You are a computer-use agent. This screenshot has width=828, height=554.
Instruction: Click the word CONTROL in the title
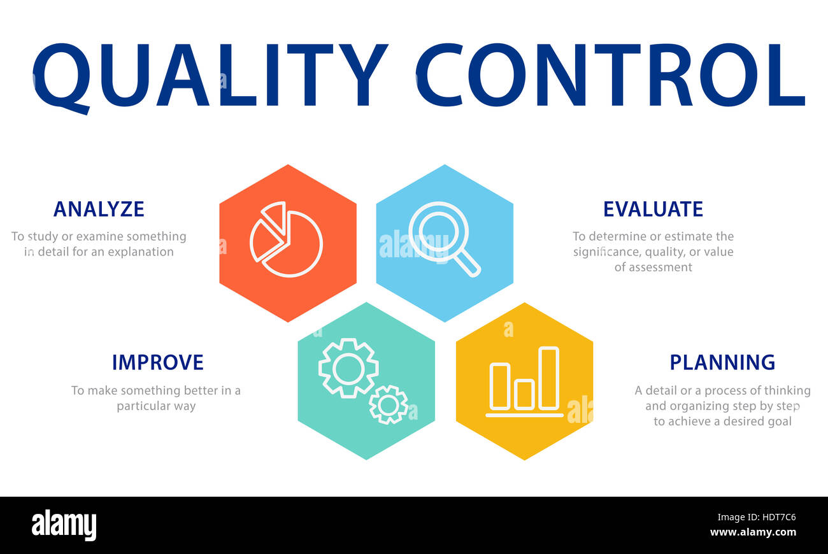click(x=610, y=75)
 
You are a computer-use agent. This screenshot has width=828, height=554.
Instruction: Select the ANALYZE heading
click(x=99, y=210)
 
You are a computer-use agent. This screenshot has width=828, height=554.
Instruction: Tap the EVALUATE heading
click(x=653, y=210)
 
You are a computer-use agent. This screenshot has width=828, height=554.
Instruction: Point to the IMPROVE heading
click(x=157, y=362)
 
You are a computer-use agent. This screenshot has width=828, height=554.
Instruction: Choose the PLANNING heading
click(x=722, y=362)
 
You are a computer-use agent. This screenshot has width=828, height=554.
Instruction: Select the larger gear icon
click(x=348, y=368)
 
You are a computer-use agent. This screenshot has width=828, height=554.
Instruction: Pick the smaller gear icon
click(x=388, y=404)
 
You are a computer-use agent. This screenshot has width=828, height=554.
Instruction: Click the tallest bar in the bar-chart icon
click(x=548, y=378)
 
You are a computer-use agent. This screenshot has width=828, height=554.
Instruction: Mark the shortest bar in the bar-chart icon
click(x=524, y=394)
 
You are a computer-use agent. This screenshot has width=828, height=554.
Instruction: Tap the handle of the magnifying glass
click(x=468, y=263)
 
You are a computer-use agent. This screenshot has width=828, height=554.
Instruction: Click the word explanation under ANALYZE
click(x=140, y=252)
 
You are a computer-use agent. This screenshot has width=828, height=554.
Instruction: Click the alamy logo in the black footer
click(x=64, y=526)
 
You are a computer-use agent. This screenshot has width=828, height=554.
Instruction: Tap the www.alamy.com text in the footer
click(x=753, y=532)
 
